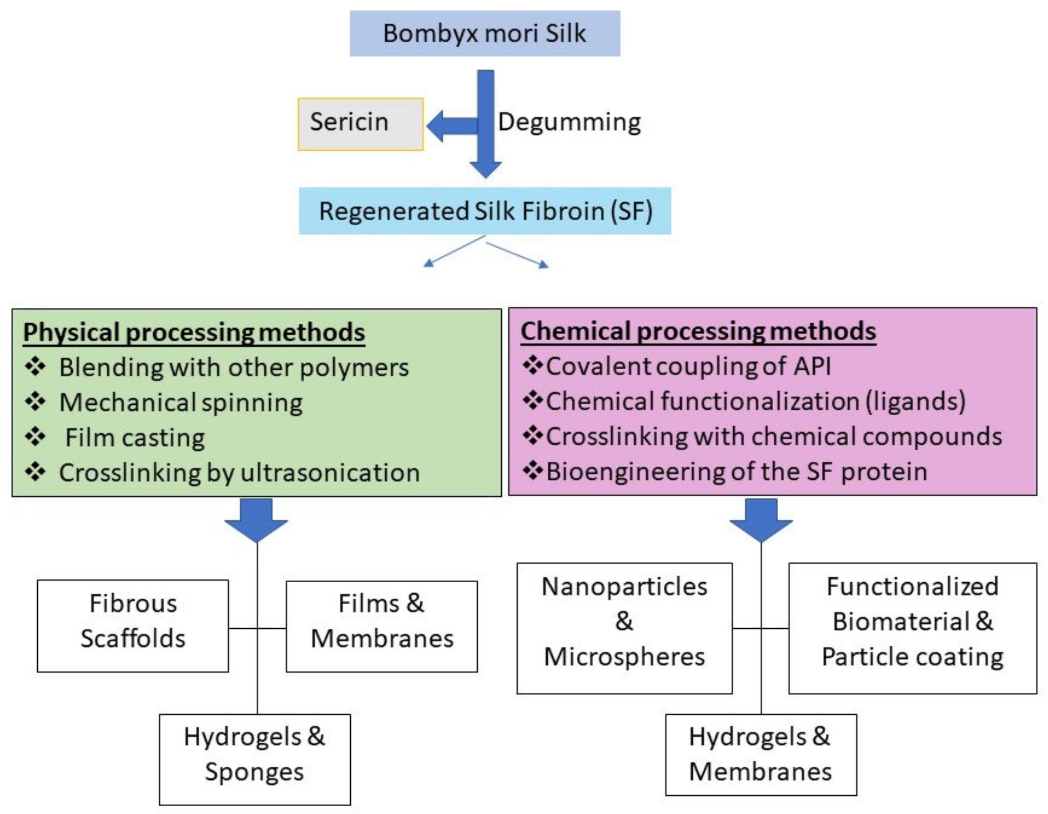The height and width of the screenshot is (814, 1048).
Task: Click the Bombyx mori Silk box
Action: pos(484,34)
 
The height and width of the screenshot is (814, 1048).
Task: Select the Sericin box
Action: pos(360,124)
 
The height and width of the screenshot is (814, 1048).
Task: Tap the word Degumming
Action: pos(569,122)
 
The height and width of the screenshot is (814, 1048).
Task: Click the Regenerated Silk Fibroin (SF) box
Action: pos(484,211)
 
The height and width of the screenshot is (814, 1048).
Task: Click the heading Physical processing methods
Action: pos(194,332)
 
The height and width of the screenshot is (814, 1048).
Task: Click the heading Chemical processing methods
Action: pos(698,331)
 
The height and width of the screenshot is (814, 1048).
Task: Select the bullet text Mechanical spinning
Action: pos(181,402)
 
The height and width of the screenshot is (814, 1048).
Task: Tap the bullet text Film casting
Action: pos(135,438)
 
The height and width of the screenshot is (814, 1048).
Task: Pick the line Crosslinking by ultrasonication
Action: pos(239,473)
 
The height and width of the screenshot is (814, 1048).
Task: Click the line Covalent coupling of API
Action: pos(688,366)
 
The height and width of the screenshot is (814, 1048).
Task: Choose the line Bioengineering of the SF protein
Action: pos(736,472)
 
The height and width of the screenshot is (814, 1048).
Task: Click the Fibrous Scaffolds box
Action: pos(133,625)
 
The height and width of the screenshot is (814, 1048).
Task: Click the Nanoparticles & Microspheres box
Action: pos(624,628)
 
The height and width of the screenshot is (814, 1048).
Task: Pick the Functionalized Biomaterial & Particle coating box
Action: pos(912,628)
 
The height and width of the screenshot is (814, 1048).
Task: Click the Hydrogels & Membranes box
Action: pos(761,754)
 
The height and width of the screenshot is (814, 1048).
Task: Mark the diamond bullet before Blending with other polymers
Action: pos(35,367)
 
